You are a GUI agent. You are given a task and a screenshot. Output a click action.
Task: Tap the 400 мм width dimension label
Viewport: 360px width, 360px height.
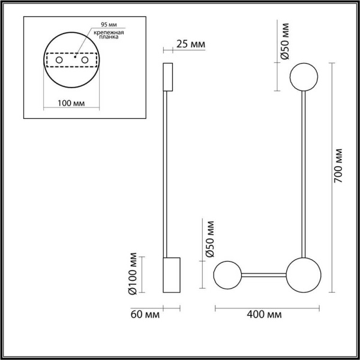[x=265, y=314]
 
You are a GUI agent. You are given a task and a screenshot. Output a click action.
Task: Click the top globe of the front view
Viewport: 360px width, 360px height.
[x=305, y=77]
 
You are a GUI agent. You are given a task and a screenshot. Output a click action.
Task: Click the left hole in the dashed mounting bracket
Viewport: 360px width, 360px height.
[x=60, y=61]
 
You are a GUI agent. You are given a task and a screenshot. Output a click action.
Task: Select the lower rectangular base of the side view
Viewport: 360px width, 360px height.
[x=172, y=275]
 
